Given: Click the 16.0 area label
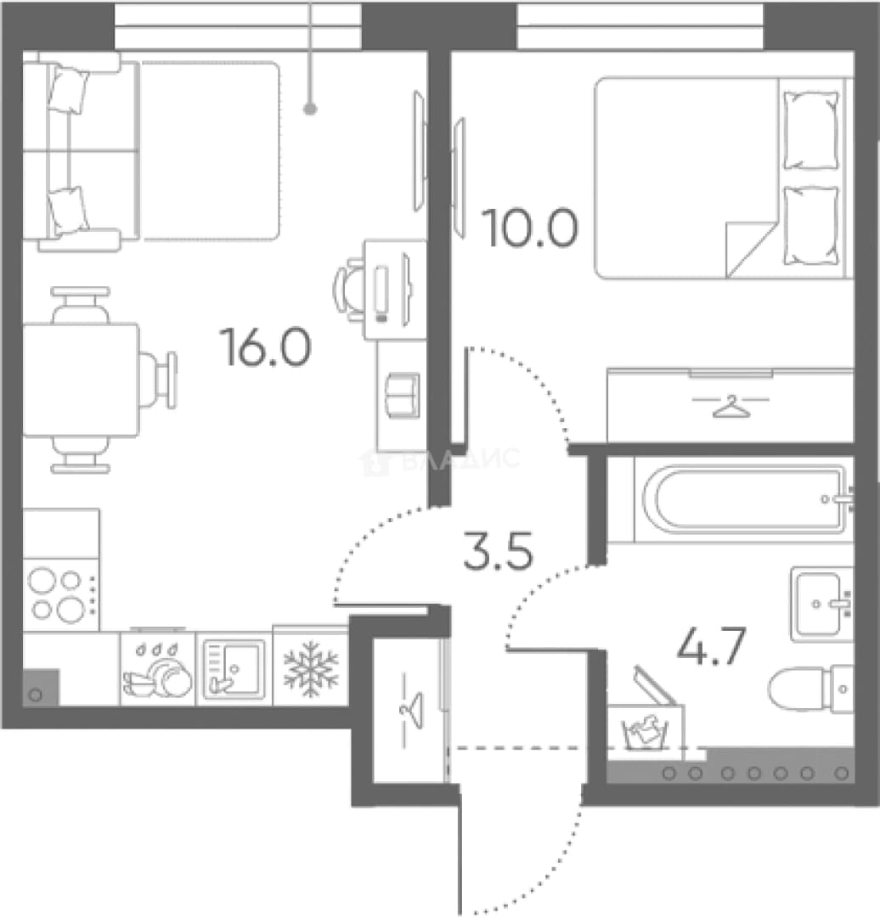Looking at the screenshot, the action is [x=265, y=346].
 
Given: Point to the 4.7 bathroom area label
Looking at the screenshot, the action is [x=711, y=645].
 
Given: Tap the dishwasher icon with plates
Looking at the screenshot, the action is [x=157, y=670].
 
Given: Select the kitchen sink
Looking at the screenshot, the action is [x=234, y=669].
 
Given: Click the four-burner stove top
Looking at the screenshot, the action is [x=61, y=594].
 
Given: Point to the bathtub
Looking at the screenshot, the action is [x=744, y=499].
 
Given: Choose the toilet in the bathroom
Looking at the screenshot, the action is [x=811, y=689].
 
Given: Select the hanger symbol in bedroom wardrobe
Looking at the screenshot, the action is [x=731, y=407].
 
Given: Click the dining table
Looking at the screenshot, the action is [x=81, y=380].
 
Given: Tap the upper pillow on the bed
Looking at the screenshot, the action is [x=810, y=131].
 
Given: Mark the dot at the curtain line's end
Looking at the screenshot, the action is [x=311, y=109].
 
